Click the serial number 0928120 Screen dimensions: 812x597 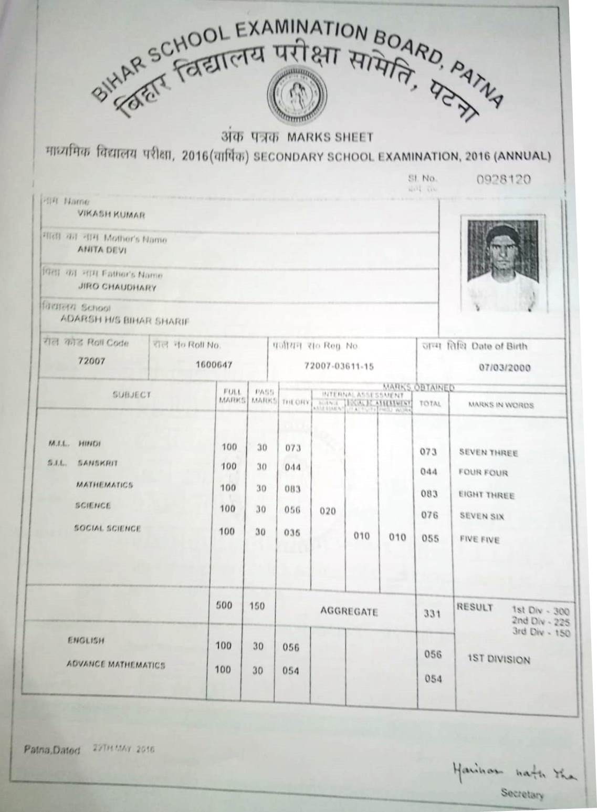coord(504,180)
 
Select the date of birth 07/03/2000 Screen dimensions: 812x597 coord(505,368)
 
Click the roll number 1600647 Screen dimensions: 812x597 coord(214,365)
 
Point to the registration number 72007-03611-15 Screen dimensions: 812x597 coord(339,366)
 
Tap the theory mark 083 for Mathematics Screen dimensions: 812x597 coord(292,489)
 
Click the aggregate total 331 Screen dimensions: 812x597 coord(432,613)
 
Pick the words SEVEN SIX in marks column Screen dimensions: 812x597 coord(481,516)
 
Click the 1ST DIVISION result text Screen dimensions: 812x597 coord(499,660)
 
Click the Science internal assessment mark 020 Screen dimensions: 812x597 coord(327,511)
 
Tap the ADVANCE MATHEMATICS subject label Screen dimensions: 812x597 coord(116,665)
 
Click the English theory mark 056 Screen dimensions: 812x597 coord(291,647)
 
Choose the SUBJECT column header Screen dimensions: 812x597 coord(132,395)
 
